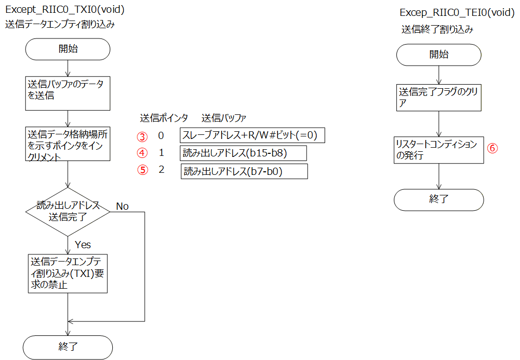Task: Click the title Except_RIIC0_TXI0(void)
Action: tap(65, 10)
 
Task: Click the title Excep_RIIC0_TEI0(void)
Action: tap(457, 13)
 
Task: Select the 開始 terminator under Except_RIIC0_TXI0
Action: tap(68, 49)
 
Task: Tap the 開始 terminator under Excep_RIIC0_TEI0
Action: tap(439, 55)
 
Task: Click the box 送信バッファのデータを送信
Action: tap(68, 93)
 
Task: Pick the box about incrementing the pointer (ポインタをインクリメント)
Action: tap(68, 144)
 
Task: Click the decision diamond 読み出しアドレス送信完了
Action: tap(68, 212)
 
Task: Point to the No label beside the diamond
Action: tap(122, 206)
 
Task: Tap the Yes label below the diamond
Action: tap(83, 245)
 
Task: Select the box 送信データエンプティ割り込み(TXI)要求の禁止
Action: tap(68, 273)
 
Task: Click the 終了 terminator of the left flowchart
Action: tap(68, 347)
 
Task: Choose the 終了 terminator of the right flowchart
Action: tap(439, 200)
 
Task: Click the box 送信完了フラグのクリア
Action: tap(439, 97)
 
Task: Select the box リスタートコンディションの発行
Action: tap(439, 150)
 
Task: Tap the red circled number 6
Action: tap(492, 148)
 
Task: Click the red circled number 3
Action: tap(142, 136)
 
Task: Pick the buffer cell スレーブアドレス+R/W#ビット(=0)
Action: tap(252, 135)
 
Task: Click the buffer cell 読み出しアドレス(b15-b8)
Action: tap(243, 153)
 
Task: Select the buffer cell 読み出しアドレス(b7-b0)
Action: tap(244, 171)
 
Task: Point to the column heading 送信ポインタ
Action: tap(164, 118)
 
